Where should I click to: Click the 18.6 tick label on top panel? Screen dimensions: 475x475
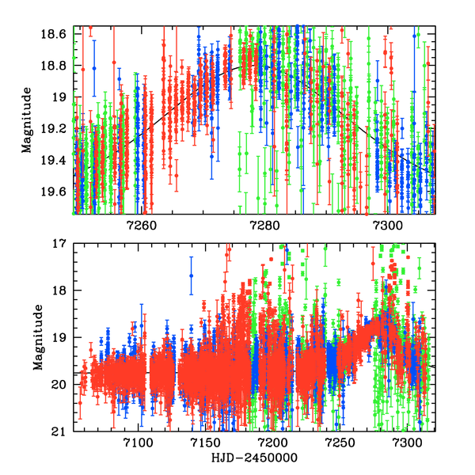click(x=55, y=35)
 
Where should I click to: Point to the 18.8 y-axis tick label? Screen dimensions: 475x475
click(x=55, y=66)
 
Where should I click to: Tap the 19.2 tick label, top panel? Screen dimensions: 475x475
click(x=55, y=128)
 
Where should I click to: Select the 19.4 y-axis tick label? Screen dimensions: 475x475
click(x=55, y=159)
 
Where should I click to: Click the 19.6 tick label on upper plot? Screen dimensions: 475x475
click(x=55, y=191)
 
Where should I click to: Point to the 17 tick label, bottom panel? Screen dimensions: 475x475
click(x=59, y=244)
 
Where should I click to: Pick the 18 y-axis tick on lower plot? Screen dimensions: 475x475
click(x=59, y=291)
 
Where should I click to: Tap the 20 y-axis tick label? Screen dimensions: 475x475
click(x=59, y=385)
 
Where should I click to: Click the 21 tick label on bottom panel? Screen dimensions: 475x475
click(x=59, y=431)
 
